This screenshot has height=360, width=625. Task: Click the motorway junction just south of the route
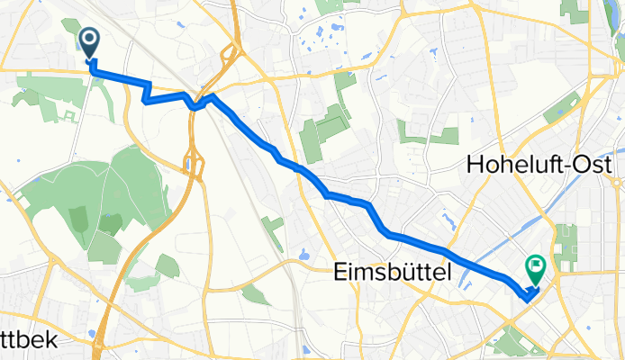[x=190, y=162]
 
